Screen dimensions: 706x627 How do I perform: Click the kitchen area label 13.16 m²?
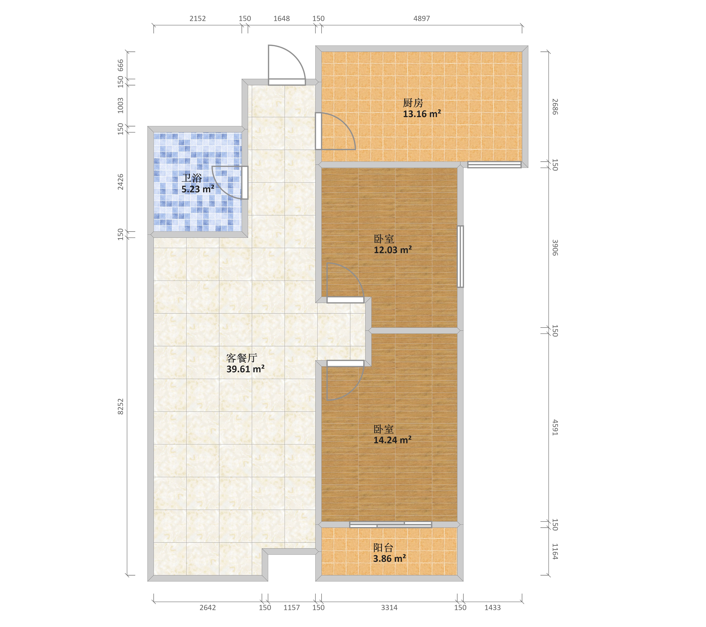pos(422,114)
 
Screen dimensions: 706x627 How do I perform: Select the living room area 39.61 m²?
pos(245,369)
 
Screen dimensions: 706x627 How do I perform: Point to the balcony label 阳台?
pos(383,548)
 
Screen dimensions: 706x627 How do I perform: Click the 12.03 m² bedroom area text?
pos(393,250)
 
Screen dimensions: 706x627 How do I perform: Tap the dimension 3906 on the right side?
pos(555,248)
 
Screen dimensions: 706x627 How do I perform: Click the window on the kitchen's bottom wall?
pos(494,165)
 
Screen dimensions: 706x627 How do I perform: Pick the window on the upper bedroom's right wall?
pos(460,256)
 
